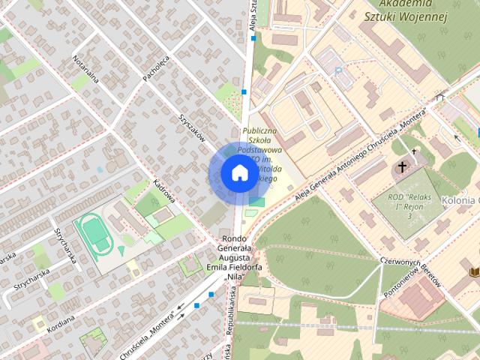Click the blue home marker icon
pyautogui.click(x=238, y=173)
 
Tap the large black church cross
pyautogui.click(x=403, y=166)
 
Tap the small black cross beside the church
pyautogui.click(x=414, y=151)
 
